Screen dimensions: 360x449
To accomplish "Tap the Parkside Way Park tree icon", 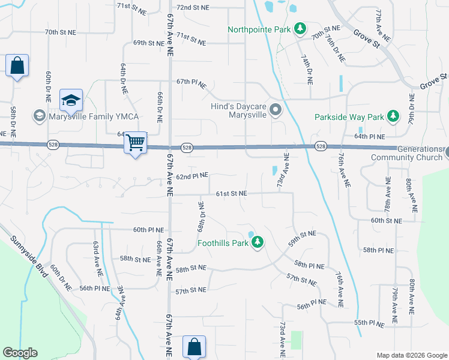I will pos(393,116).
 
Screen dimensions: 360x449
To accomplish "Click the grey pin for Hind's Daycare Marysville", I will pos(276,110).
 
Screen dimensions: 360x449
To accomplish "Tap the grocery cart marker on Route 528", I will pos(136,143).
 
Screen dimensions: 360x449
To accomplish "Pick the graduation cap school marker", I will pos(71,100).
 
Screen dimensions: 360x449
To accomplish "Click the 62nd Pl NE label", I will pos(192,176).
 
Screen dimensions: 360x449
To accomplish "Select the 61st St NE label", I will pos(232,193).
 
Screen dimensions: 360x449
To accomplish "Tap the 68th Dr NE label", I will pos(202,215).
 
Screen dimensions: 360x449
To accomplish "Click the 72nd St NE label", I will pos(192,8).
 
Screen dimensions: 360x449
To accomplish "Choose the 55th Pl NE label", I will pos(369,323).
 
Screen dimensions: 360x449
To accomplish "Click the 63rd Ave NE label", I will pos(95,254).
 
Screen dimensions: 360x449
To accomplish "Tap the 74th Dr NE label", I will pos(306,67).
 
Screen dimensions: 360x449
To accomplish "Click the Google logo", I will pos(20,353).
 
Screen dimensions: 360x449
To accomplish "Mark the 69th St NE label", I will pos(148,43).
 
